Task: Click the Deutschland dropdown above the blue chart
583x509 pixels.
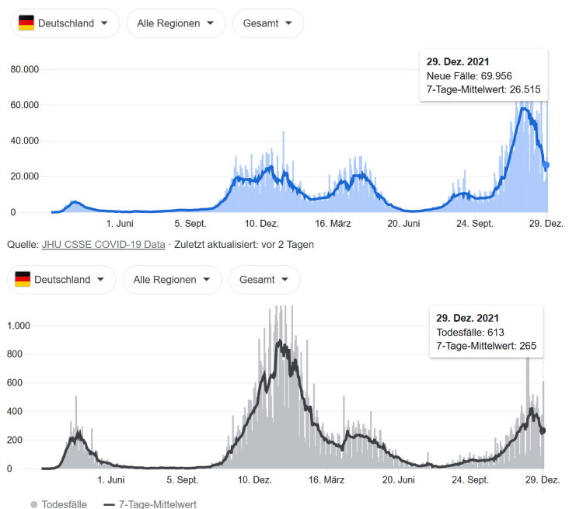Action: [65, 23]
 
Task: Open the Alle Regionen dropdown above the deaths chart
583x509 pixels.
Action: [172, 280]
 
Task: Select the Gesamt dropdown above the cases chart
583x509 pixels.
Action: [268, 23]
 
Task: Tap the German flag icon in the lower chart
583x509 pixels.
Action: [23, 279]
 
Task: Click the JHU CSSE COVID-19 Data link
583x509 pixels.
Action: [103, 245]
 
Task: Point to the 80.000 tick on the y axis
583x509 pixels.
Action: [25, 69]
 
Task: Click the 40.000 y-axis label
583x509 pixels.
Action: [25, 141]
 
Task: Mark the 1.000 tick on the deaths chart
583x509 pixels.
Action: [19, 326]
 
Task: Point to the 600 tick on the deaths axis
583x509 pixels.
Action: [15, 382]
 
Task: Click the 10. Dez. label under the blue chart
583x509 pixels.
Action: [261, 224]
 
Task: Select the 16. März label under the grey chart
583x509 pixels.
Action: [326, 480]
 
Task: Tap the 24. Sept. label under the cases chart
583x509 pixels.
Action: [475, 224]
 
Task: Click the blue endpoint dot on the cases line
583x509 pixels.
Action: [546, 165]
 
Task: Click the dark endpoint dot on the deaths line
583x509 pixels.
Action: [543, 431]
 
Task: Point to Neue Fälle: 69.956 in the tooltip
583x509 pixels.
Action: [470, 76]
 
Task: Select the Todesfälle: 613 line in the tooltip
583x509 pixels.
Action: [470, 333]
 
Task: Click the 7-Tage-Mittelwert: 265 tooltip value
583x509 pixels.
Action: [487, 346]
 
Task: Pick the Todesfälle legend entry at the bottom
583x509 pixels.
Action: [59, 504]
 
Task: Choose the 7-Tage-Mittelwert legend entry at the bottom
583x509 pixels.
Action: [150, 504]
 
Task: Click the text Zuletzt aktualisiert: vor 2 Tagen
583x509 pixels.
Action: [244, 245]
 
